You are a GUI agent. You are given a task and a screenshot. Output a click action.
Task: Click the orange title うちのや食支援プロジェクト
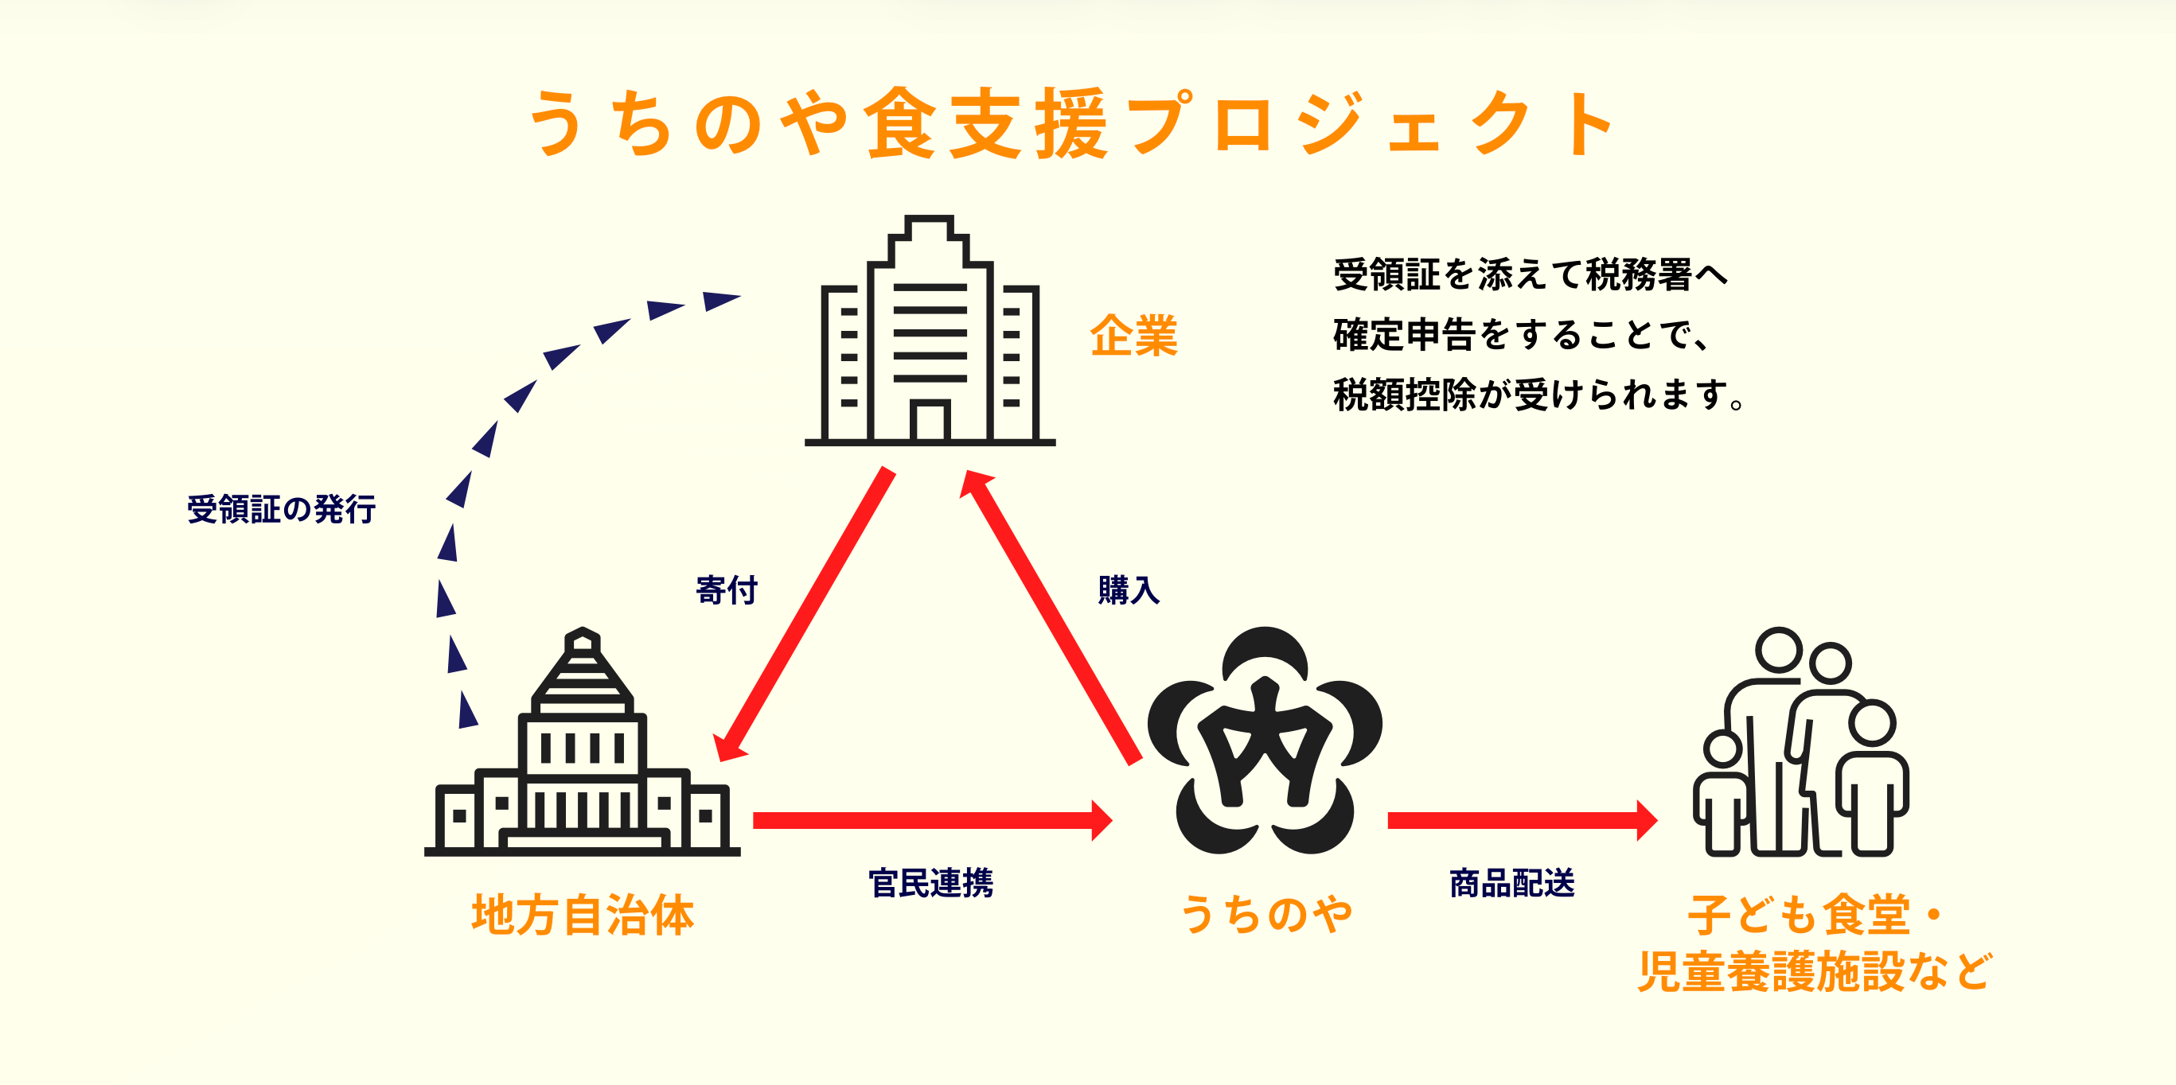[1071, 123]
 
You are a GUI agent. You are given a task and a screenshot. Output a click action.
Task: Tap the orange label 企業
[1133, 335]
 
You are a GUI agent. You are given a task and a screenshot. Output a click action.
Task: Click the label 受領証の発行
[281, 509]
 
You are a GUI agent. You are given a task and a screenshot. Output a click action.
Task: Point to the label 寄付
[727, 589]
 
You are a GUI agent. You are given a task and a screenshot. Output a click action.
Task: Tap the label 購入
[1129, 589]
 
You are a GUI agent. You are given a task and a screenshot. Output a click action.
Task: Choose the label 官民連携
[931, 882]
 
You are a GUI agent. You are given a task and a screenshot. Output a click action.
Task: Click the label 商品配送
[1512, 882]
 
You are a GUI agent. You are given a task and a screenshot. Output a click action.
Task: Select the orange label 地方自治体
[583, 916]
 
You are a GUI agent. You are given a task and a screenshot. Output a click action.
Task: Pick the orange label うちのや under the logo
[1265, 916]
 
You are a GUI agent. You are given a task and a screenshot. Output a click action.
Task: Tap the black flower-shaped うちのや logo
[1265, 741]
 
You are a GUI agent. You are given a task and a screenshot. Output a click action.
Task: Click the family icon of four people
[1801, 742]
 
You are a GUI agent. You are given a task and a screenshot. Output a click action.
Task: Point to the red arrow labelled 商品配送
[1521, 820]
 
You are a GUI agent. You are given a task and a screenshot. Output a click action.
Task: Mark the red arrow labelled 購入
[1052, 616]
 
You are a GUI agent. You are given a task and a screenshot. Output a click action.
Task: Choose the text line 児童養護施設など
[1815, 971]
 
